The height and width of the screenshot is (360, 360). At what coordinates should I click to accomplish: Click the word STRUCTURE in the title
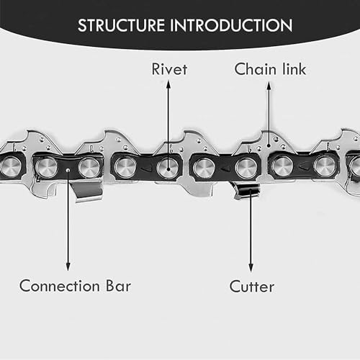pyautogui.click(x=121, y=25)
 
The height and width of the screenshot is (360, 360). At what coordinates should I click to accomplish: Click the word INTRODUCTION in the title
pyautogui.click(x=231, y=25)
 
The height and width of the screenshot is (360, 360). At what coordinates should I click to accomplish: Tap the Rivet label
pyautogui.click(x=169, y=69)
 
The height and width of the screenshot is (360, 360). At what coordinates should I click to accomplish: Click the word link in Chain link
pyautogui.click(x=294, y=69)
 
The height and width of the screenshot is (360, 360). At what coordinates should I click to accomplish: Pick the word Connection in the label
pyautogui.click(x=60, y=286)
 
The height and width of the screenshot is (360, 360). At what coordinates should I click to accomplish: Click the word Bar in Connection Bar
pyautogui.click(x=119, y=286)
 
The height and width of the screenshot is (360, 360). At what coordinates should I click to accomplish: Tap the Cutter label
pyautogui.click(x=252, y=287)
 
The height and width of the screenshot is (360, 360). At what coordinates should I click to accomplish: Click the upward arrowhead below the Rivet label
pyautogui.click(x=168, y=84)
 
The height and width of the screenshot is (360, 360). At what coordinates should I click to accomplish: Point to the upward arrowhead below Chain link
pyautogui.click(x=269, y=86)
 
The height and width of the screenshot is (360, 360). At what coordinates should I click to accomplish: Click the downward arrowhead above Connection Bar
pyautogui.click(x=68, y=266)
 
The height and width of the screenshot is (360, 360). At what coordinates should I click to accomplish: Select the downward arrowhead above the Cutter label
pyautogui.click(x=251, y=268)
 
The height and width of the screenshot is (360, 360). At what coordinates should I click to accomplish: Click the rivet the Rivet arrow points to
pyautogui.click(x=168, y=167)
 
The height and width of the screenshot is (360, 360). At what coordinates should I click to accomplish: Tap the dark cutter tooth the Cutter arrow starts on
pyautogui.click(x=247, y=192)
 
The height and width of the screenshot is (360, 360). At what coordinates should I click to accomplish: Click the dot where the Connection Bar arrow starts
pyautogui.click(x=68, y=170)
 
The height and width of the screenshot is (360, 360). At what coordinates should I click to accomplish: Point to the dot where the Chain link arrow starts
pyautogui.click(x=269, y=145)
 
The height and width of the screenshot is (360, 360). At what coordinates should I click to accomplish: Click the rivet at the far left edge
pyautogui.click(x=9, y=166)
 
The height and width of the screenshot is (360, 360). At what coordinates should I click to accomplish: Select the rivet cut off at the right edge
pyautogui.click(x=355, y=167)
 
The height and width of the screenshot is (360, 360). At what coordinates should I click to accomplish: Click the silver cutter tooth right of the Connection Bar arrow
pyautogui.click(x=87, y=192)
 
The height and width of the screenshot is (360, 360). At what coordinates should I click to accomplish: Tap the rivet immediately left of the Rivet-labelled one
pyautogui.click(x=125, y=167)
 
